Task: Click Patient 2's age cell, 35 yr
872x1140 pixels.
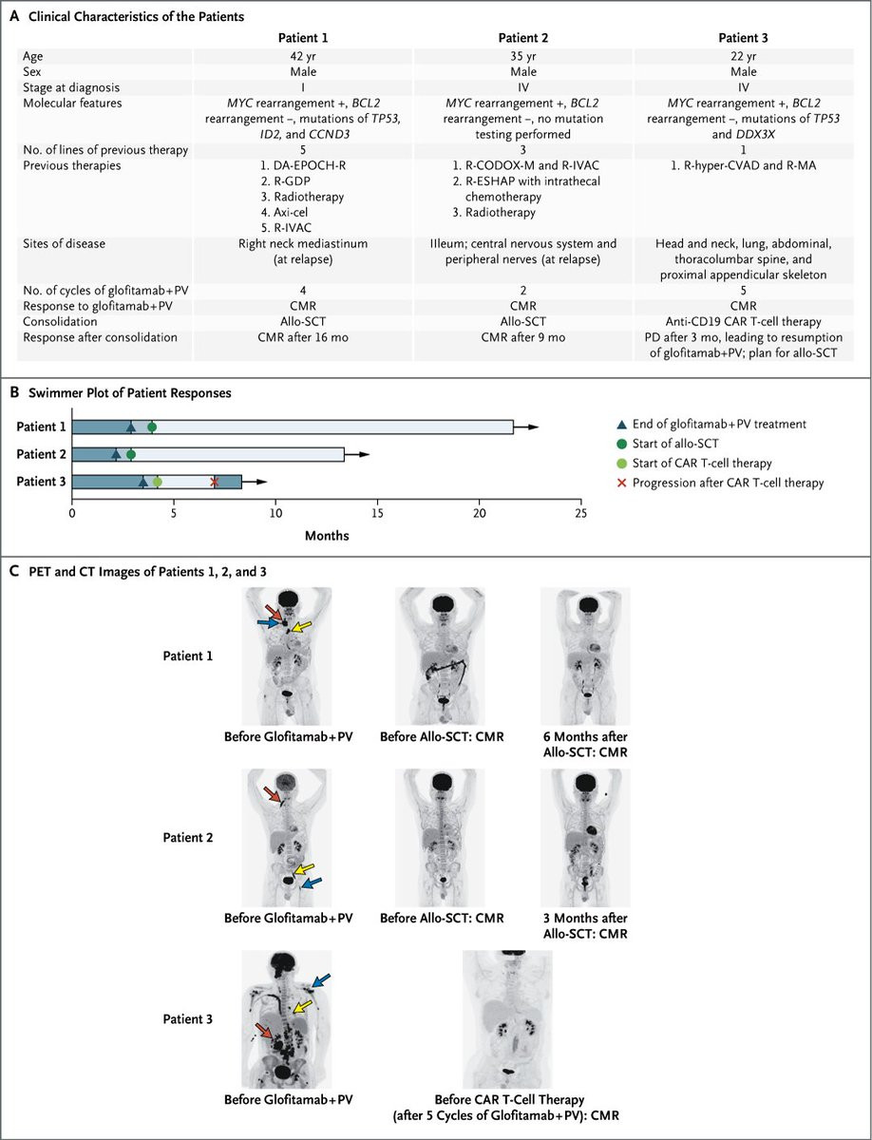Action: (x=523, y=56)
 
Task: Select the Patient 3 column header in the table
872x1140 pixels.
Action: (x=743, y=38)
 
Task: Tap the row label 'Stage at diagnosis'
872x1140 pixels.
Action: (x=71, y=87)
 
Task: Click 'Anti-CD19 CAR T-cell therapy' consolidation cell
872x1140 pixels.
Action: (x=743, y=321)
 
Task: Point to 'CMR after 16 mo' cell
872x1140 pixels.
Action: (x=303, y=337)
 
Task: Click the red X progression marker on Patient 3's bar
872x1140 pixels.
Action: (x=214, y=482)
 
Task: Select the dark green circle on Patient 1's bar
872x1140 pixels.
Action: (x=152, y=427)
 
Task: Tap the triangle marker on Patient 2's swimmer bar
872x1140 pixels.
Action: (x=116, y=454)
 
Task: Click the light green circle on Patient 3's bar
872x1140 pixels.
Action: (x=158, y=482)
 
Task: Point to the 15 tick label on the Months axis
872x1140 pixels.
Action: (x=377, y=513)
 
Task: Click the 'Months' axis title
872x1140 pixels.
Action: (x=327, y=536)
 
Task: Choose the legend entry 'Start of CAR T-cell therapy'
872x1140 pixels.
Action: (x=702, y=463)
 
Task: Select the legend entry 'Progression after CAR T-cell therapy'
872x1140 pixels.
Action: (x=729, y=483)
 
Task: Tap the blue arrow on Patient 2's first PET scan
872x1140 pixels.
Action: (x=312, y=883)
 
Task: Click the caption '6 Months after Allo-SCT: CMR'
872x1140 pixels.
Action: (x=585, y=744)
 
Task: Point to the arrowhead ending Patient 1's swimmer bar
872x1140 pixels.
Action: (x=534, y=427)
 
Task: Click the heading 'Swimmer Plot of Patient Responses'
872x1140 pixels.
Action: (x=130, y=392)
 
